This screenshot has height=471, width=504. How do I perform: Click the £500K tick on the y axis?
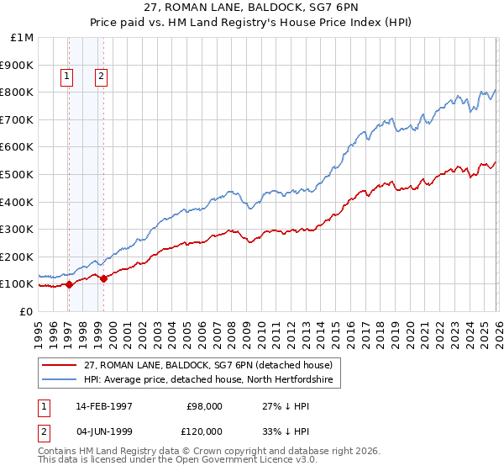pos(17,174)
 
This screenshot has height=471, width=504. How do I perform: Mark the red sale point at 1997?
pos(69,284)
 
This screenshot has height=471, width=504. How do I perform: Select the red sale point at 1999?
pos(103,278)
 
